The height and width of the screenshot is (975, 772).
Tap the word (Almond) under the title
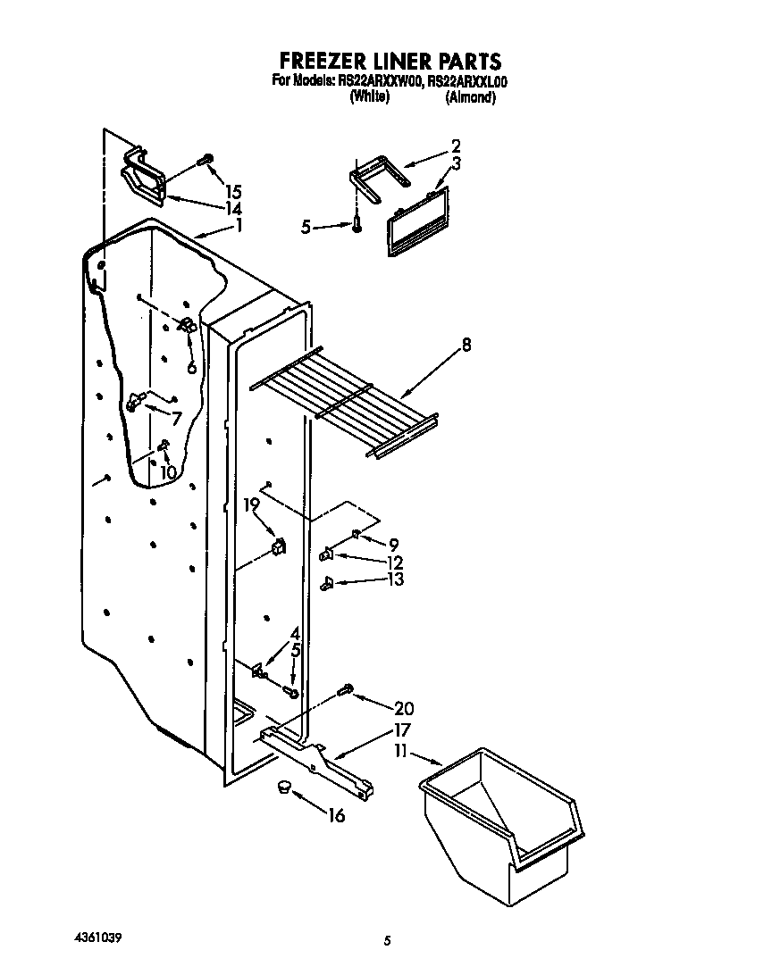(470, 97)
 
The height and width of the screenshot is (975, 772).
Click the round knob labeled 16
(284, 787)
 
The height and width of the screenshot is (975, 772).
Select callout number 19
(252, 505)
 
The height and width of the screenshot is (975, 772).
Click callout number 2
(456, 146)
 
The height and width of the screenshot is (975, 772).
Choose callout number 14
(233, 208)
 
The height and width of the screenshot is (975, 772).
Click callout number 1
(239, 226)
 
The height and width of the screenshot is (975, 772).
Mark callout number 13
(396, 579)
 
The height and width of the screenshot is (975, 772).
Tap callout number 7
(176, 418)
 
